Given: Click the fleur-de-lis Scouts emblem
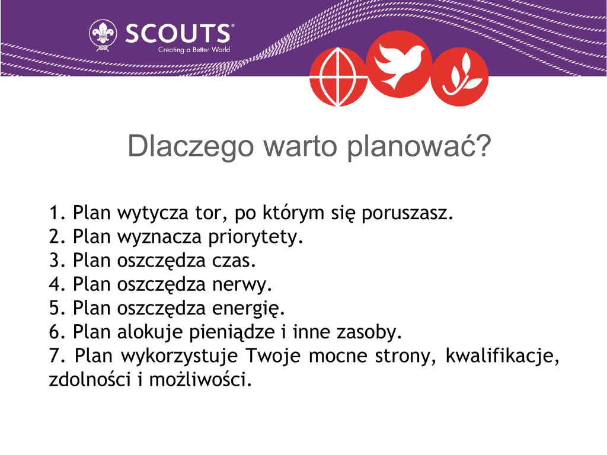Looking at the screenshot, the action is pyautogui.click(x=103, y=35).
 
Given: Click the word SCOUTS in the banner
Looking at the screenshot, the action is pyautogui.click(x=178, y=34).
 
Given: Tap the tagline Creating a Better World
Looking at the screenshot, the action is pyautogui.click(x=194, y=50).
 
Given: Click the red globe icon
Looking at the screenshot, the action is pyautogui.click(x=338, y=76).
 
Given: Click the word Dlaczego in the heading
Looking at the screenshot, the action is pyautogui.click(x=190, y=147).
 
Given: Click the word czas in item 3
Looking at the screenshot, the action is pyautogui.click(x=231, y=261).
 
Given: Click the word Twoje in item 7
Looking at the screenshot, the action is pyautogui.click(x=273, y=356).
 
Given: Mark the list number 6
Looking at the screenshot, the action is pyautogui.click(x=54, y=332).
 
